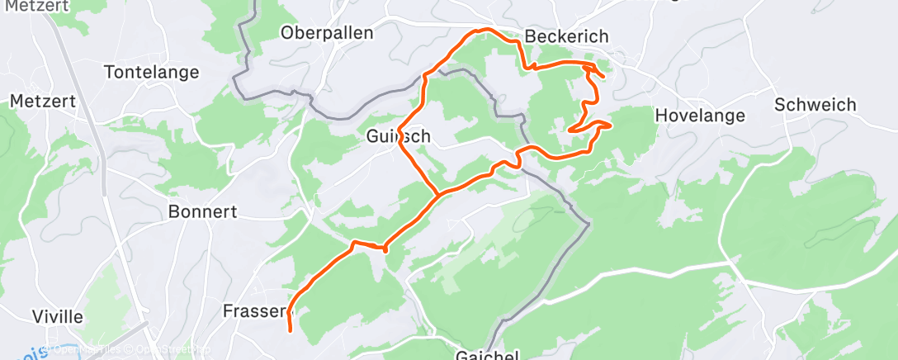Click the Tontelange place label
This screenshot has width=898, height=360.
152,72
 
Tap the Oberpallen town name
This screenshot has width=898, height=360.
327,33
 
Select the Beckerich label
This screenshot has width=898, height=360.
566,36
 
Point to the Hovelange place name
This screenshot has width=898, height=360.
700,116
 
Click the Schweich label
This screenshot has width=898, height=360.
815,105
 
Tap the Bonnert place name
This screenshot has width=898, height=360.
202,211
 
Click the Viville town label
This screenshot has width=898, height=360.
57,317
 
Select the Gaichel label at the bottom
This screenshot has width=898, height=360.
487,355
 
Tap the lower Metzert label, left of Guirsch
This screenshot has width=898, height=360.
43,101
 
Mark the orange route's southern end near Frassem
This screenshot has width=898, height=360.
291,330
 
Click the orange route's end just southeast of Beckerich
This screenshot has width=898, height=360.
603,78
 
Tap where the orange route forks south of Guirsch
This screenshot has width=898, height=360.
438,196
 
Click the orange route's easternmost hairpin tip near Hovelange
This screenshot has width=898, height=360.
610,125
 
